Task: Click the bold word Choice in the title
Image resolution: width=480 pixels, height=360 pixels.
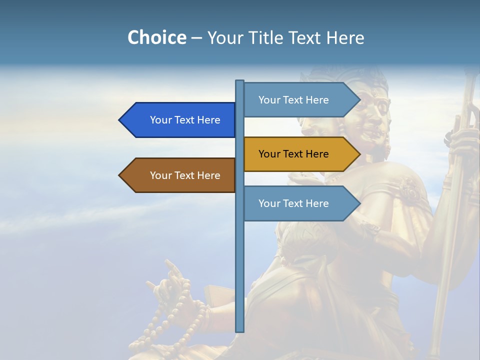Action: click(x=156, y=37)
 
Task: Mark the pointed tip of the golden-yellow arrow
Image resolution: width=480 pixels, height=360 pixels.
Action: click(x=359, y=154)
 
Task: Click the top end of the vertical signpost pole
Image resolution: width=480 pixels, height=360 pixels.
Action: click(x=239, y=81)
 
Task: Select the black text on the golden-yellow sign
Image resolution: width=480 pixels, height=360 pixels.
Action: click(x=293, y=154)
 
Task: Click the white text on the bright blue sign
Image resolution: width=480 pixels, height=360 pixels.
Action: click(x=185, y=120)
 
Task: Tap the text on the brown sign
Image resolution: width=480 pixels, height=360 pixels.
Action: click(x=185, y=175)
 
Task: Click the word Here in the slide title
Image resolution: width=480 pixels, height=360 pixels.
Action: click(x=345, y=37)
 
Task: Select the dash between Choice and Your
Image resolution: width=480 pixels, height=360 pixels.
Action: click(x=196, y=38)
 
